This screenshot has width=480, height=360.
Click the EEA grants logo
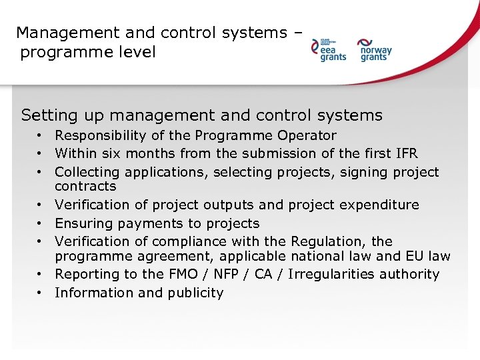point(329,50)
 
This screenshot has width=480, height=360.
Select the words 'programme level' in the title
point(87,52)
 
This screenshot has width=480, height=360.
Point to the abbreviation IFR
point(405,154)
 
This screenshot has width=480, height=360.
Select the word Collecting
point(88,173)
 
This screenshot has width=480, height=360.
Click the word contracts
point(85,187)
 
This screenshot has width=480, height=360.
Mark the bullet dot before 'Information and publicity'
point(41,293)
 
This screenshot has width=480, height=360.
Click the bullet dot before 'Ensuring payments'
point(41,223)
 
